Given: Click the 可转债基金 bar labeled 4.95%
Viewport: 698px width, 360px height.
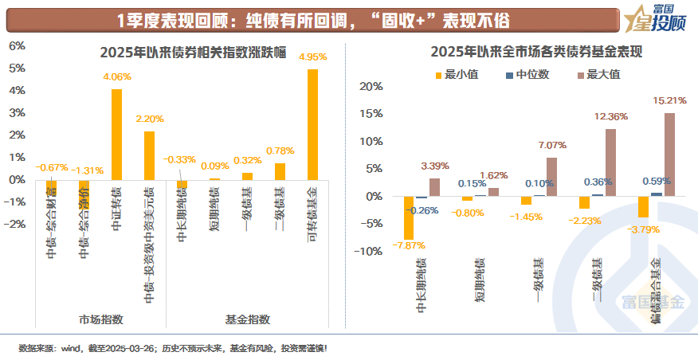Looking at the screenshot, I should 312,124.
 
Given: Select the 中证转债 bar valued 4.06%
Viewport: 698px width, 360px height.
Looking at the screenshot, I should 116,135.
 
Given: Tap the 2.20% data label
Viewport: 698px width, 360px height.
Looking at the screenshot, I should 149,119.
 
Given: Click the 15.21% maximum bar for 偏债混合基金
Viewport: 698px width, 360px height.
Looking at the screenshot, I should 669,155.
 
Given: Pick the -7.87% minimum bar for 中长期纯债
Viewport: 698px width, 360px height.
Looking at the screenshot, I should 409,217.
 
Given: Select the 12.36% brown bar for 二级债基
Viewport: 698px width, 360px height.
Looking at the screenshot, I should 610,162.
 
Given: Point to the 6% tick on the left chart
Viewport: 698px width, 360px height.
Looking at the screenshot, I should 17,46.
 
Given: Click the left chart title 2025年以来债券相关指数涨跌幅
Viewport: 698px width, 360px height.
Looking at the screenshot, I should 175,53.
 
